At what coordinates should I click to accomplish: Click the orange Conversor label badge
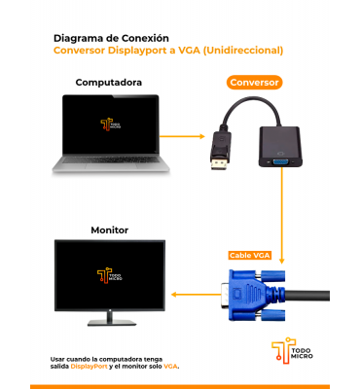click(254, 83)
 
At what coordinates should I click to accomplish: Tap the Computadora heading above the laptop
click(109, 83)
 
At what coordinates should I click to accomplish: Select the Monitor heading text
click(110, 230)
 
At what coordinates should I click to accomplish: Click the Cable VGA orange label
click(249, 256)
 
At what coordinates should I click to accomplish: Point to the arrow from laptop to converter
click(182, 136)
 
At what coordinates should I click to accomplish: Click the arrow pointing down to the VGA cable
click(281, 215)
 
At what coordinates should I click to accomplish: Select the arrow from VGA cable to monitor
click(196, 295)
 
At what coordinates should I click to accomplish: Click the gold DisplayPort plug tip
click(219, 164)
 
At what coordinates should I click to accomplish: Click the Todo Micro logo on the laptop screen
click(111, 125)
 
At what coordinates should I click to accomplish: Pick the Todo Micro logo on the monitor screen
click(110, 275)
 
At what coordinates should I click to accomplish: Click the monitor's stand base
click(112, 323)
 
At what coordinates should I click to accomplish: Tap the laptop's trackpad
click(111, 165)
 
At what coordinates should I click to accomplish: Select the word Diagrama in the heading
click(78, 39)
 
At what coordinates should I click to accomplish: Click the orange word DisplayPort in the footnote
click(90, 367)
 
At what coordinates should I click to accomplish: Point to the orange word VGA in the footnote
click(170, 367)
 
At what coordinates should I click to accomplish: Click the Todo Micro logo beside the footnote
click(292, 350)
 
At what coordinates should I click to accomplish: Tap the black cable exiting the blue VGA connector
click(307, 296)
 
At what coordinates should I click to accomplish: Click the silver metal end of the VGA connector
click(225, 295)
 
